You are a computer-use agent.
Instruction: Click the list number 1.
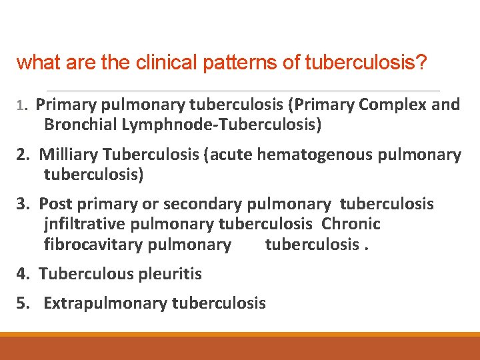(x=21, y=105)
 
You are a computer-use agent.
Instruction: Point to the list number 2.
(x=23, y=155)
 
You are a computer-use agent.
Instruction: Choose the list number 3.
(x=23, y=204)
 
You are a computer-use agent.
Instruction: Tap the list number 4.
(x=23, y=273)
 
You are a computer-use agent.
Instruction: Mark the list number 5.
(x=23, y=304)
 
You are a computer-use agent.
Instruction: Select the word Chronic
(x=351, y=224)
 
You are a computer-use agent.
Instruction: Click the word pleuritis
(x=170, y=273)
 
